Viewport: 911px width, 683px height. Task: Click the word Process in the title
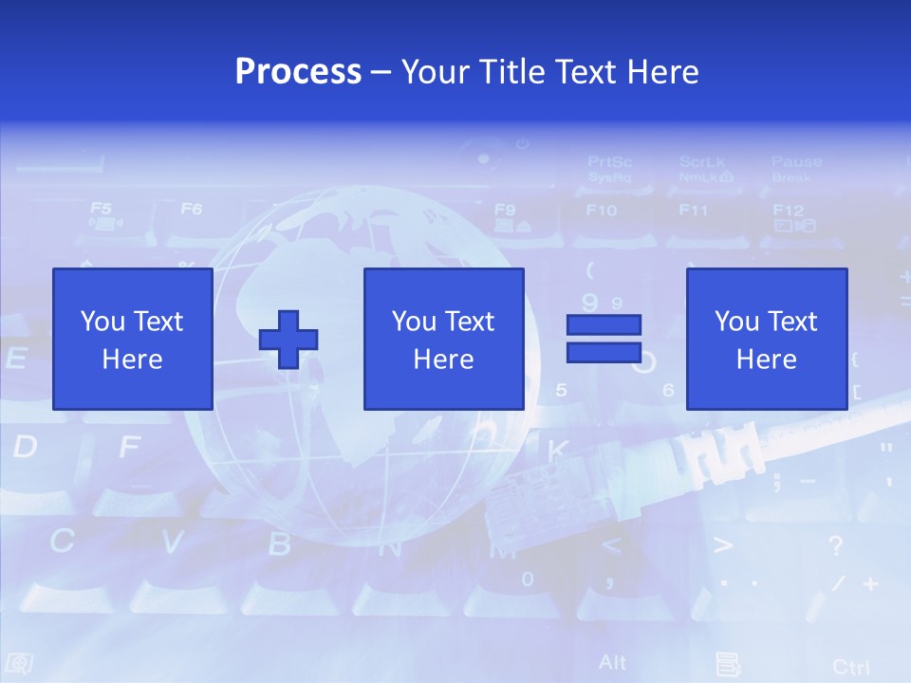pyautogui.click(x=298, y=71)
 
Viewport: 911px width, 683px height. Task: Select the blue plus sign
pyautogui.click(x=288, y=340)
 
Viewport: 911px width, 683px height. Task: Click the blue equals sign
pyautogui.click(x=604, y=339)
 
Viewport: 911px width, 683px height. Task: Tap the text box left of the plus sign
pyautogui.click(x=132, y=340)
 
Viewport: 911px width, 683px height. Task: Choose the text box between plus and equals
pyautogui.click(x=443, y=340)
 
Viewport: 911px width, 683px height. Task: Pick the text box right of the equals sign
pyautogui.click(x=766, y=340)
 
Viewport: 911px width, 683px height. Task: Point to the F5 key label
pyautogui.click(x=101, y=209)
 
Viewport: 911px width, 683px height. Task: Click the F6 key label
pyautogui.click(x=192, y=209)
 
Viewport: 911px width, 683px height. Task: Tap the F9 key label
pyautogui.click(x=505, y=210)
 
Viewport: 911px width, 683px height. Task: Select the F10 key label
pyautogui.click(x=601, y=210)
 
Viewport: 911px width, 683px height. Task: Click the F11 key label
pyautogui.click(x=694, y=210)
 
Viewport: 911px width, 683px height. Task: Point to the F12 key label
pyautogui.click(x=788, y=211)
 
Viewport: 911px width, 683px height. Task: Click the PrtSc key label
pyautogui.click(x=609, y=162)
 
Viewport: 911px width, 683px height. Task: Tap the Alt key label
pyautogui.click(x=613, y=661)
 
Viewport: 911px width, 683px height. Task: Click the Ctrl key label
pyautogui.click(x=850, y=666)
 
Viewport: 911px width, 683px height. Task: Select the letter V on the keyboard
pyautogui.click(x=172, y=542)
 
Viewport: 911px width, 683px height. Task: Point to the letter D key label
pyautogui.click(x=25, y=446)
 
